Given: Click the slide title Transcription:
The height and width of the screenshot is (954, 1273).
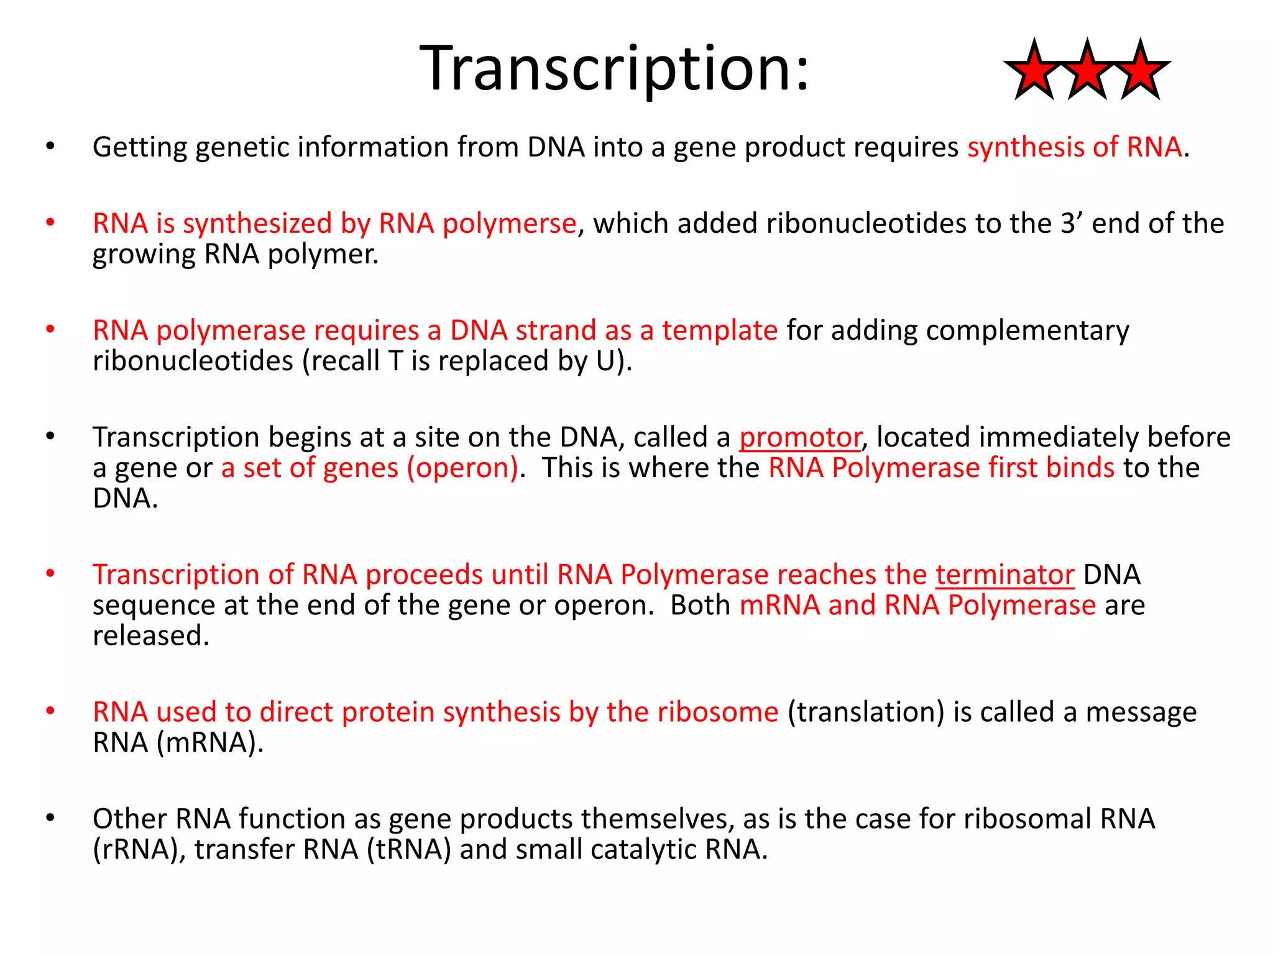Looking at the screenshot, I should click(x=615, y=68).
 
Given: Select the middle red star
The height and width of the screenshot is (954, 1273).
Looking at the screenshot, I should click(x=1087, y=71).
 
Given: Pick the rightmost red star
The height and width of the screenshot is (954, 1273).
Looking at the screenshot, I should click(x=1140, y=71).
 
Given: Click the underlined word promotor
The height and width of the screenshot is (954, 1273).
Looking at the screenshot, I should click(x=800, y=437).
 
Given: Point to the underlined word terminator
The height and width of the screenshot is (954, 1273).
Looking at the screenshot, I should click(x=1004, y=575).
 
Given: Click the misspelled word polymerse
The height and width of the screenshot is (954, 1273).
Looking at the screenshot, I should click(x=509, y=224).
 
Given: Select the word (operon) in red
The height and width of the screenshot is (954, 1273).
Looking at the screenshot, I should click(x=462, y=468).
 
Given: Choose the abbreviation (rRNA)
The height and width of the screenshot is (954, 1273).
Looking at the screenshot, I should click(x=139, y=849).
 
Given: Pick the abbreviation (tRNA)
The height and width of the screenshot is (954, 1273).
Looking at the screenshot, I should click(x=409, y=849).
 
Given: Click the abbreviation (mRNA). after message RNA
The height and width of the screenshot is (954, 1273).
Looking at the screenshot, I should click(x=210, y=742).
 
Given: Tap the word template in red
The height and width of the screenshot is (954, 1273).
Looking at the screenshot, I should click(x=719, y=330).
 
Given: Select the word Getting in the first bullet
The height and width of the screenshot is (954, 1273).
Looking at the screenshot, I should click(x=140, y=148).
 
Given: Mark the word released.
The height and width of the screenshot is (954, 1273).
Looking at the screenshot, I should click(x=151, y=635).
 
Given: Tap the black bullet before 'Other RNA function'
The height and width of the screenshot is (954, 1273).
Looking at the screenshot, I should click(x=50, y=818).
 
